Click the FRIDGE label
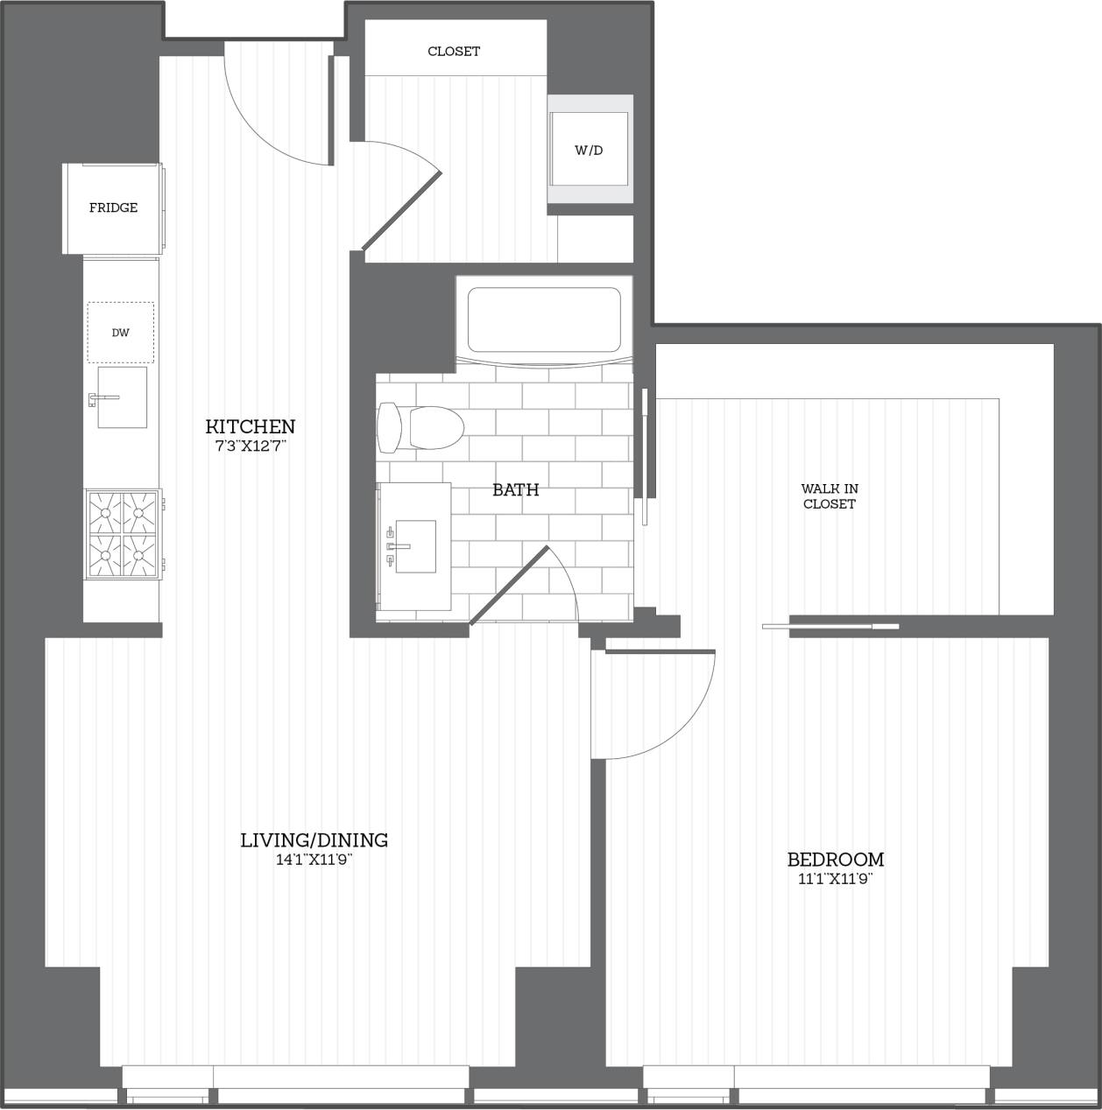(x=113, y=207)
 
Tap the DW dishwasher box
(x=121, y=333)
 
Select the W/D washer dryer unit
(x=589, y=150)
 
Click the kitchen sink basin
(x=122, y=397)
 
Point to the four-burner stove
(x=123, y=534)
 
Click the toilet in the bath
(x=421, y=427)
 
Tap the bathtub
(x=544, y=320)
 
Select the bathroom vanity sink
(x=414, y=546)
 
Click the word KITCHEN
(x=251, y=426)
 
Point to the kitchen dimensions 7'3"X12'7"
(x=251, y=446)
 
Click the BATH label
(x=515, y=489)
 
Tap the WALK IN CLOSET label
(x=829, y=496)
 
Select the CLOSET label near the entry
(x=454, y=51)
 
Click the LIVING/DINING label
(x=314, y=840)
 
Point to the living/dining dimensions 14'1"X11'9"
(x=314, y=860)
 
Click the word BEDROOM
(x=836, y=860)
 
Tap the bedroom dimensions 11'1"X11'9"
(x=836, y=879)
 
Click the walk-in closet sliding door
(x=830, y=626)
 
